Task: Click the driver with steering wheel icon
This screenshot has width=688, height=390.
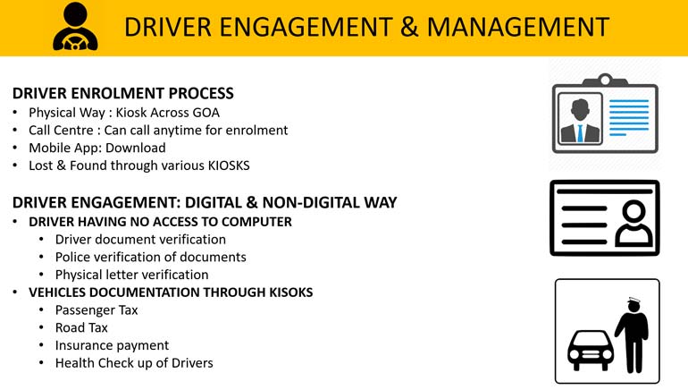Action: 75,27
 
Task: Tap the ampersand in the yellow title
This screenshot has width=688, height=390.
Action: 409,27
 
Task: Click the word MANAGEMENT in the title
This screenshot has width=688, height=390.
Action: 518,27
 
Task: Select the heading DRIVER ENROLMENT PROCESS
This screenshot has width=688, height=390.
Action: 123,93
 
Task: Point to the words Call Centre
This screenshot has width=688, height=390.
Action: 61,130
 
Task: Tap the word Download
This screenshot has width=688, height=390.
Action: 136,148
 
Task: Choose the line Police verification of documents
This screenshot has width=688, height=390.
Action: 150,257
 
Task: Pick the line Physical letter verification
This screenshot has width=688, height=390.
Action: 131,275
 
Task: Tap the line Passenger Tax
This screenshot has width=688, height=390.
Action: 96,310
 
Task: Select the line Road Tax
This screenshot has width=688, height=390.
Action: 81,327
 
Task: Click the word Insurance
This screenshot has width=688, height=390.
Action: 82,345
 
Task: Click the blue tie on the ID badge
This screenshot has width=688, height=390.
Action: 580,132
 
